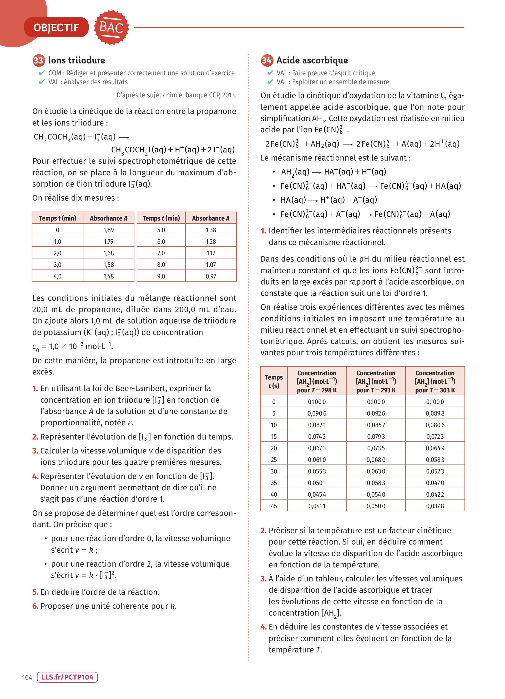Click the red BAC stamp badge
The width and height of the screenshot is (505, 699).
[x=111, y=27]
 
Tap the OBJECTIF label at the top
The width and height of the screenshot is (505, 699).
[x=56, y=28]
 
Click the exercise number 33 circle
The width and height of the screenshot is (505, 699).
[x=38, y=60]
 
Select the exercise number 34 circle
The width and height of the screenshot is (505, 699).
[x=267, y=60]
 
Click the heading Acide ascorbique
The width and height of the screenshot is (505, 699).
[x=312, y=60]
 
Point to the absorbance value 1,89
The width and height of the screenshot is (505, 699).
[x=108, y=230]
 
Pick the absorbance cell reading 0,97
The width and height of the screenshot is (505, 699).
[x=211, y=276]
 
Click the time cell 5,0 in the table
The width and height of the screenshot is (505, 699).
[x=161, y=230]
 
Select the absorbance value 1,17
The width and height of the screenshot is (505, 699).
[x=211, y=253]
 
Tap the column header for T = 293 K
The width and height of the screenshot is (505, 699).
[x=376, y=381]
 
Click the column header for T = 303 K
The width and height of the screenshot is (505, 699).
[x=435, y=381]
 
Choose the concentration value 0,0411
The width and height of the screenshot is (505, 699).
[x=317, y=506]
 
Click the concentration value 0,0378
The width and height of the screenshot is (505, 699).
[x=435, y=506]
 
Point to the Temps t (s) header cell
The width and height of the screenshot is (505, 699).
[x=274, y=381]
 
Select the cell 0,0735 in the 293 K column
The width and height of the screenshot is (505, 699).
[x=376, y=448]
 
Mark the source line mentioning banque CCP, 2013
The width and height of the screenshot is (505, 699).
[x=176, y=95]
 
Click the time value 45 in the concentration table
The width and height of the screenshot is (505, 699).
[x=274, y=506]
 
